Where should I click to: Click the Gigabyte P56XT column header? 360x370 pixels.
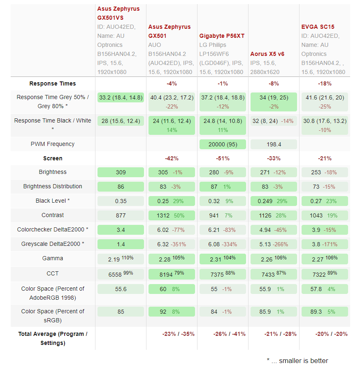click(222, 36)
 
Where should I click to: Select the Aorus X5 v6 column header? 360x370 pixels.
click(267, 54)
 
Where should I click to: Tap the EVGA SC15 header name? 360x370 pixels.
click(318, 27)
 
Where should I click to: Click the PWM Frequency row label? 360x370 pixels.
click(53, 144)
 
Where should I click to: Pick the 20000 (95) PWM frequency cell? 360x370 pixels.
click(223, 144)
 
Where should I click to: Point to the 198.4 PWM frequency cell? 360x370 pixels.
click(274, 144)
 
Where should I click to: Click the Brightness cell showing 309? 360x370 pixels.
click(121, 172)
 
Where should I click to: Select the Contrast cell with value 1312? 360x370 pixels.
click(172, 215)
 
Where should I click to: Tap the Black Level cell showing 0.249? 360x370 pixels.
click(274, 201)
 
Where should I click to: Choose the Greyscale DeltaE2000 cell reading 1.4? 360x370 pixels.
click(121, 244)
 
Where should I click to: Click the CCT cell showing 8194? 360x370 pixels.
click(172, 274)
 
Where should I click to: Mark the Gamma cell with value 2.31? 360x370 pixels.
click(223, 259)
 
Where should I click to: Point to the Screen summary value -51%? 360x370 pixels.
click(223, 158)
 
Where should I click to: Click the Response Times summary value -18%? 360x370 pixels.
click(325, 83)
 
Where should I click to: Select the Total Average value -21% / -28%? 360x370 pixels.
click(281, 334)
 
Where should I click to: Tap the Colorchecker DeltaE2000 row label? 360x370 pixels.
click(53, 229)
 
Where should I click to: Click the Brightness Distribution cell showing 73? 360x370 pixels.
click(325, 187)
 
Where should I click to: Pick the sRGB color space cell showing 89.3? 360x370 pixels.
click(325, 312)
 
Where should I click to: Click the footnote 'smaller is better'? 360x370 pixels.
click(303, 361)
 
